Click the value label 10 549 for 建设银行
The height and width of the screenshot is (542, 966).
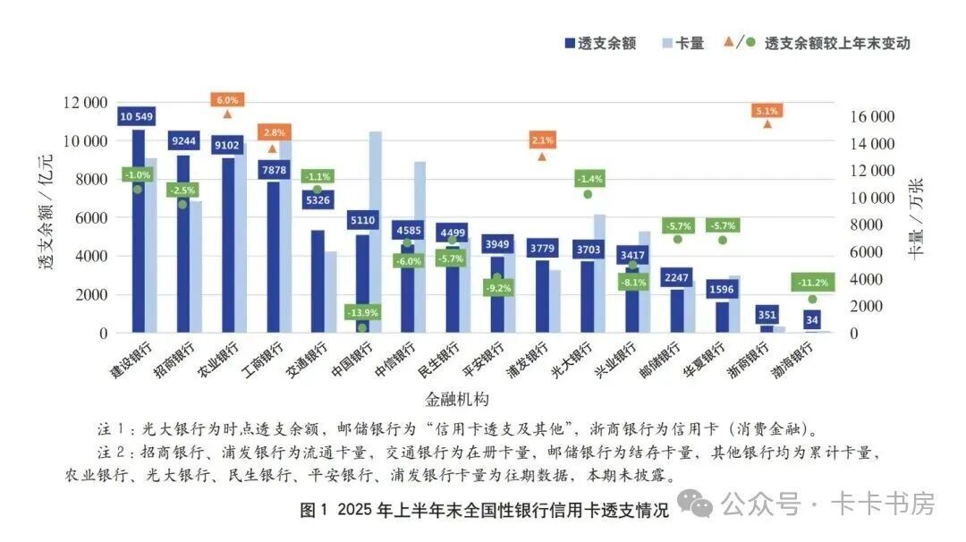click(138, 116)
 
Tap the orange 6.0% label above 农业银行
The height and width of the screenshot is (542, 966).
click(227, 100)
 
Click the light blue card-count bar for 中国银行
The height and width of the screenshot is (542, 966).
click(376, 233)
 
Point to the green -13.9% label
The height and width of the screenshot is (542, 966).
click(362, 312)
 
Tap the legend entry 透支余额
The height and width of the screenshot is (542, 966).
click(599, 43)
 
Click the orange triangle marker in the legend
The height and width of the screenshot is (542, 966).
click(728, 42)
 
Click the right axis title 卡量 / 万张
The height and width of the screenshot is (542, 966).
click(915, 218)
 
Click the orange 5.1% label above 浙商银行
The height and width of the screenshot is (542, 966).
click(767, 111)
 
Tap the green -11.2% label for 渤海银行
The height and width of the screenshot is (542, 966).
click(811, 283)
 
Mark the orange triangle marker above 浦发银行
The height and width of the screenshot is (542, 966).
click(541, 156)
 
